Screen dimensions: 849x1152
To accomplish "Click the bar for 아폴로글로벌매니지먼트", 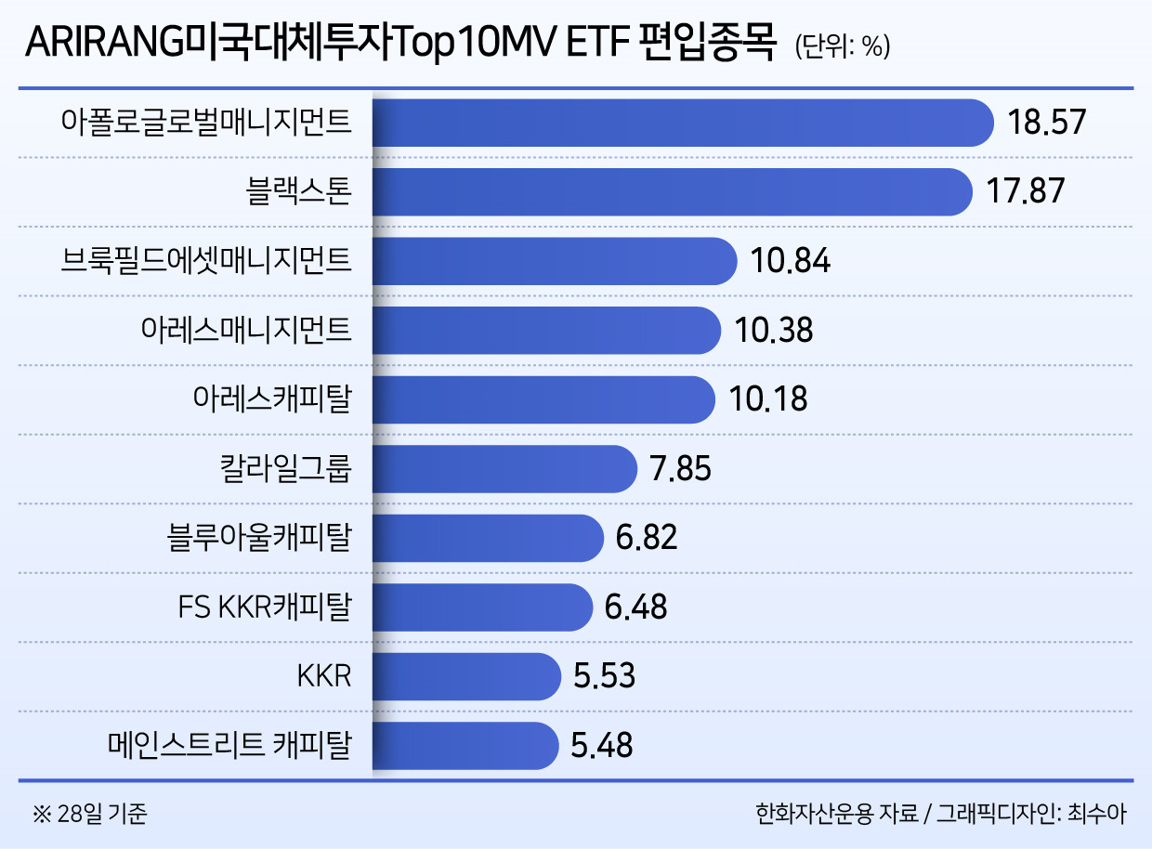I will click(x=683, y=123).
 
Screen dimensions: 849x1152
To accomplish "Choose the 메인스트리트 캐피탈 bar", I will click(x=465, y=745).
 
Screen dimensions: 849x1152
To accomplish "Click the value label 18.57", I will click(x=1047, y=123).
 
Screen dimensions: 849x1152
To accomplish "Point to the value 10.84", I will click(x=791, y=261).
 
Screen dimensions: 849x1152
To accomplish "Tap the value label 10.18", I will click(x=768, y=399).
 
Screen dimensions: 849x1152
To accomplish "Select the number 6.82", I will click(x=647, y=538).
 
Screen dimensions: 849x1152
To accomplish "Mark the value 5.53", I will click(x=604, y=675).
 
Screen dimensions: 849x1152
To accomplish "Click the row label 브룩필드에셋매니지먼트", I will click(x=205, y=261).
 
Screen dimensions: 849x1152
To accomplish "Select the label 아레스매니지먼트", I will click(x=246, y=331).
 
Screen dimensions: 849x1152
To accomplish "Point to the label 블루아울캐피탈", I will click(x=259, y=538).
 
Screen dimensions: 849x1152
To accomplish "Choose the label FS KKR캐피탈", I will click(x=264, y=607).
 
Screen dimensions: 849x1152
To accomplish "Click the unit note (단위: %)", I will click(x=842, y=47).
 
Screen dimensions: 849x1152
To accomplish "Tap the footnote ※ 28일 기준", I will click(x=90, y=815).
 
